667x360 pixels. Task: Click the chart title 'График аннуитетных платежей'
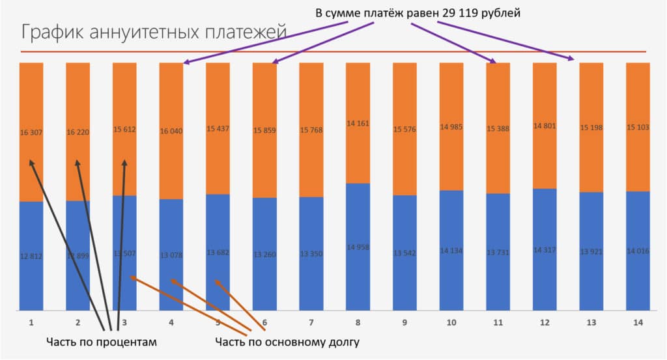pos(154,33)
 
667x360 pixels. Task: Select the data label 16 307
pos(31,132)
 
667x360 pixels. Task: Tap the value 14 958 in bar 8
pos(358,247)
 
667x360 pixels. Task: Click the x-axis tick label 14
pos(638,322)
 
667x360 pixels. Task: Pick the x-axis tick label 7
pos(311,322)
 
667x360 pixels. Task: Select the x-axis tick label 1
pos(31,322)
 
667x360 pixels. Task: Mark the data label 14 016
pos(638,250)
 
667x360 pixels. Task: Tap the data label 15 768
pos(311,130)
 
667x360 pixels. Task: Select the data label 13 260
pos(264,253)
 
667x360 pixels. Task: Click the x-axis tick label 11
pos(498,322)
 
